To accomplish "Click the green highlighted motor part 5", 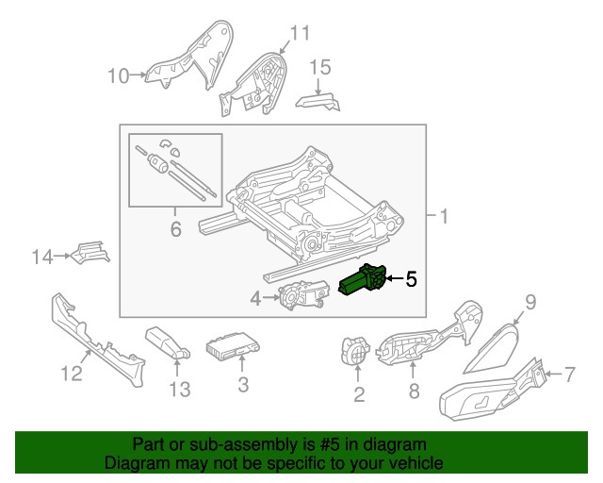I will tap(363, 282).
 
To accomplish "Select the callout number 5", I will tap(410, 279).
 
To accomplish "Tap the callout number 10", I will tap(118, 75).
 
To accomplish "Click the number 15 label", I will tap(320, 66).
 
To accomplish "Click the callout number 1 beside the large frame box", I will tap(444, 218).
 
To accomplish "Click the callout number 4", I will tap(254, 300).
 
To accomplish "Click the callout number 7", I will tap(567, 375).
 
